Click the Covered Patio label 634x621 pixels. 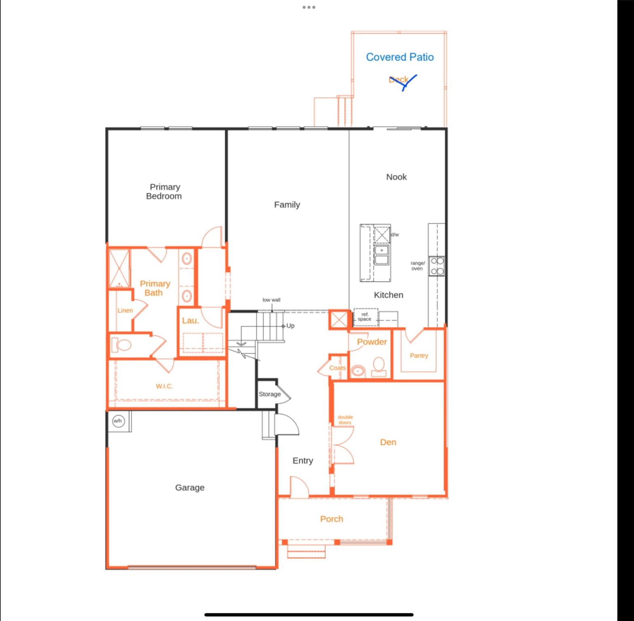(x=399, y=57)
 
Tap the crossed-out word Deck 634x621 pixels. (x=399, y=80)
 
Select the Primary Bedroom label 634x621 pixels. (x=164, y=191)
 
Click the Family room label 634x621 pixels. (x=287, y=205)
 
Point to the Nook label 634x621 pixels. (x=396, y=177)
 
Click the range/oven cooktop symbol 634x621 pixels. (x=437, y=266)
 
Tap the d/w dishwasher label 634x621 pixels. (x=395, y=234)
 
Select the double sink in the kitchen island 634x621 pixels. (x=381, y=255)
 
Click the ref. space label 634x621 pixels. (x=365, y=317)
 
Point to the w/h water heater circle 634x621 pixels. (x=118, y=421)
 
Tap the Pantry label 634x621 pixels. (x=419, y=355)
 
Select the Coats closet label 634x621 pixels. (x=337, y=368)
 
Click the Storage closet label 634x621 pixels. (x=270, y=394)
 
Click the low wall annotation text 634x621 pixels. (x=271, y=300)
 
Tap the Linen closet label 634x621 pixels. (x=125, y=310)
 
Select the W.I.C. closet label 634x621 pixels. (x=164, y=386)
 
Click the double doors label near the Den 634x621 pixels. (x=345, y=420)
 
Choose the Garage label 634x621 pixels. (x=190, y=487)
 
